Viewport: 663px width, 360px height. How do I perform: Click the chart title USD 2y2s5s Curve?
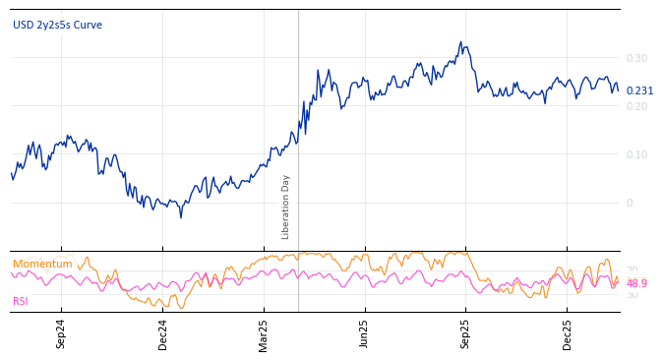[x=57, y=26]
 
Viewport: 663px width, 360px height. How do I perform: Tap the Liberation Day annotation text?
[x=286, y=207]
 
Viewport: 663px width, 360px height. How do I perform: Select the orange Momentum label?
[x=42, y=265]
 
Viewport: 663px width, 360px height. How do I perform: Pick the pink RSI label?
[x=20, y=301]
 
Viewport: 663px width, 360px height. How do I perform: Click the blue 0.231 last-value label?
[x=639, y=90]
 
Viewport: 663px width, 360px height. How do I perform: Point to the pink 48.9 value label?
[x=636, y=283]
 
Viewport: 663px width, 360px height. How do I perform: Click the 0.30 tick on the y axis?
[x=636, y=58]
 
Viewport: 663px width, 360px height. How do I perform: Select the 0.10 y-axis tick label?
[x=636, y=154]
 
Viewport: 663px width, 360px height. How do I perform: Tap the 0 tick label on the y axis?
[x=630, y=203]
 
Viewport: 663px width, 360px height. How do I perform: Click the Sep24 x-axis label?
[x=61, y=333]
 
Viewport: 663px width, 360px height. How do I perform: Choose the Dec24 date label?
[x=163, y=333]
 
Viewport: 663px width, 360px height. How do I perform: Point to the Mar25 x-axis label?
[x=264, y=333]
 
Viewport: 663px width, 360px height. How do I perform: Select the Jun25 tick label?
[x=365, y=333]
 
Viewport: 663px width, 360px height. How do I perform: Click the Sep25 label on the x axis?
[x=466, y=333]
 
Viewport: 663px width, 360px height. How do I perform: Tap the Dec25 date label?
[x=568, y=333]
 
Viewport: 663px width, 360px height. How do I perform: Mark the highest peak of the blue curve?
[x=460, y=42]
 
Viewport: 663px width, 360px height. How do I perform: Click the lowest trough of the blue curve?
[x=180, y=216]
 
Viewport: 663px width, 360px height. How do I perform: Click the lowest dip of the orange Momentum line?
[x=181, y=308]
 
